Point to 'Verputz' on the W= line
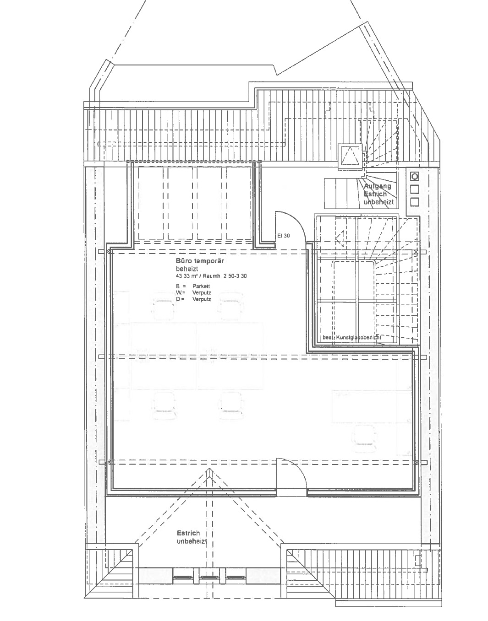pos(202,292)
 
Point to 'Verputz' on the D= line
pos(202,299)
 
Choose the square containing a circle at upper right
pos(414,176)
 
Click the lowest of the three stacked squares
pos(414,201)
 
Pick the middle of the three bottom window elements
pos(209,578)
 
